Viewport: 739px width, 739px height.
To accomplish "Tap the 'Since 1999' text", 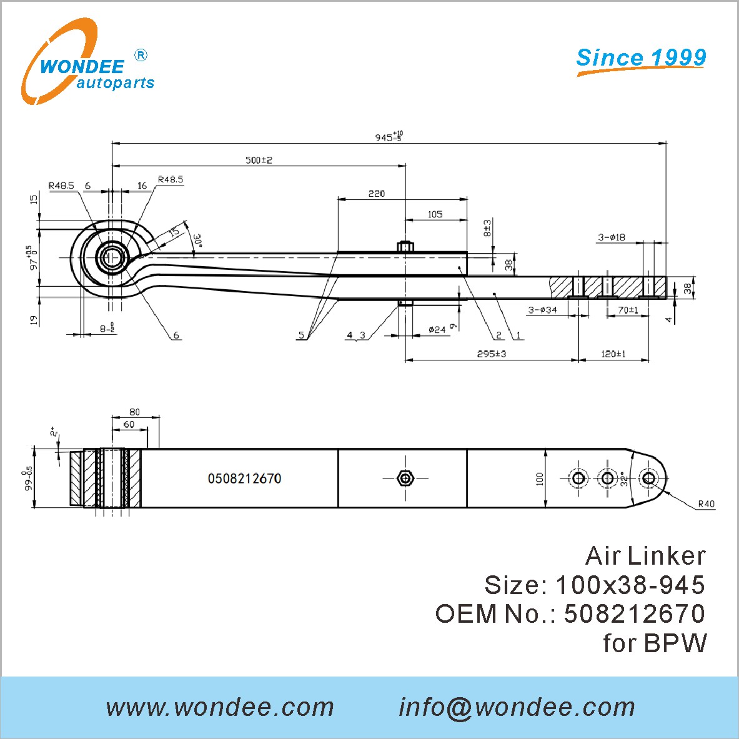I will (641, 57).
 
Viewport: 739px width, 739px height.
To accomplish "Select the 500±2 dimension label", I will (259, 160).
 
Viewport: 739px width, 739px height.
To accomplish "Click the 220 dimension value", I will (377, 194).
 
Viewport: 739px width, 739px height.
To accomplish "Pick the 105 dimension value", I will (435, 214).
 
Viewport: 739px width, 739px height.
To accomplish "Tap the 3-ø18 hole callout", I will (611, 237).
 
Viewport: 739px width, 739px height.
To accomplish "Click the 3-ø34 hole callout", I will (542, 310).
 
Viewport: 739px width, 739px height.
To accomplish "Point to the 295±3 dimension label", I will (491, 354).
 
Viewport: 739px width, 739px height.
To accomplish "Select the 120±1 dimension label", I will (613, 354).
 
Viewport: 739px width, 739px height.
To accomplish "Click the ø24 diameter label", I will (437, 329).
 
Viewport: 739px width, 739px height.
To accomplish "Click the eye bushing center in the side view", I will (112, 257).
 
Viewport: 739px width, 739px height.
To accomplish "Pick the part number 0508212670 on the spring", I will (244, 479).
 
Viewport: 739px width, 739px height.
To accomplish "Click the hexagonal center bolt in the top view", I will (405, 479).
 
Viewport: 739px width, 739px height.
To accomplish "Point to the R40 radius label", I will (706, 503).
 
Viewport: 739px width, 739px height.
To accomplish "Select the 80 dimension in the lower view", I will (135, 412).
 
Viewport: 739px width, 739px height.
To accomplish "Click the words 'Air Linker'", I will (645, 555).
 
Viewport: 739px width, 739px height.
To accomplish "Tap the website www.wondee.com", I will (220, 707).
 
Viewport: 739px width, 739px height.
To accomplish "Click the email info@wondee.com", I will (517, 707).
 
